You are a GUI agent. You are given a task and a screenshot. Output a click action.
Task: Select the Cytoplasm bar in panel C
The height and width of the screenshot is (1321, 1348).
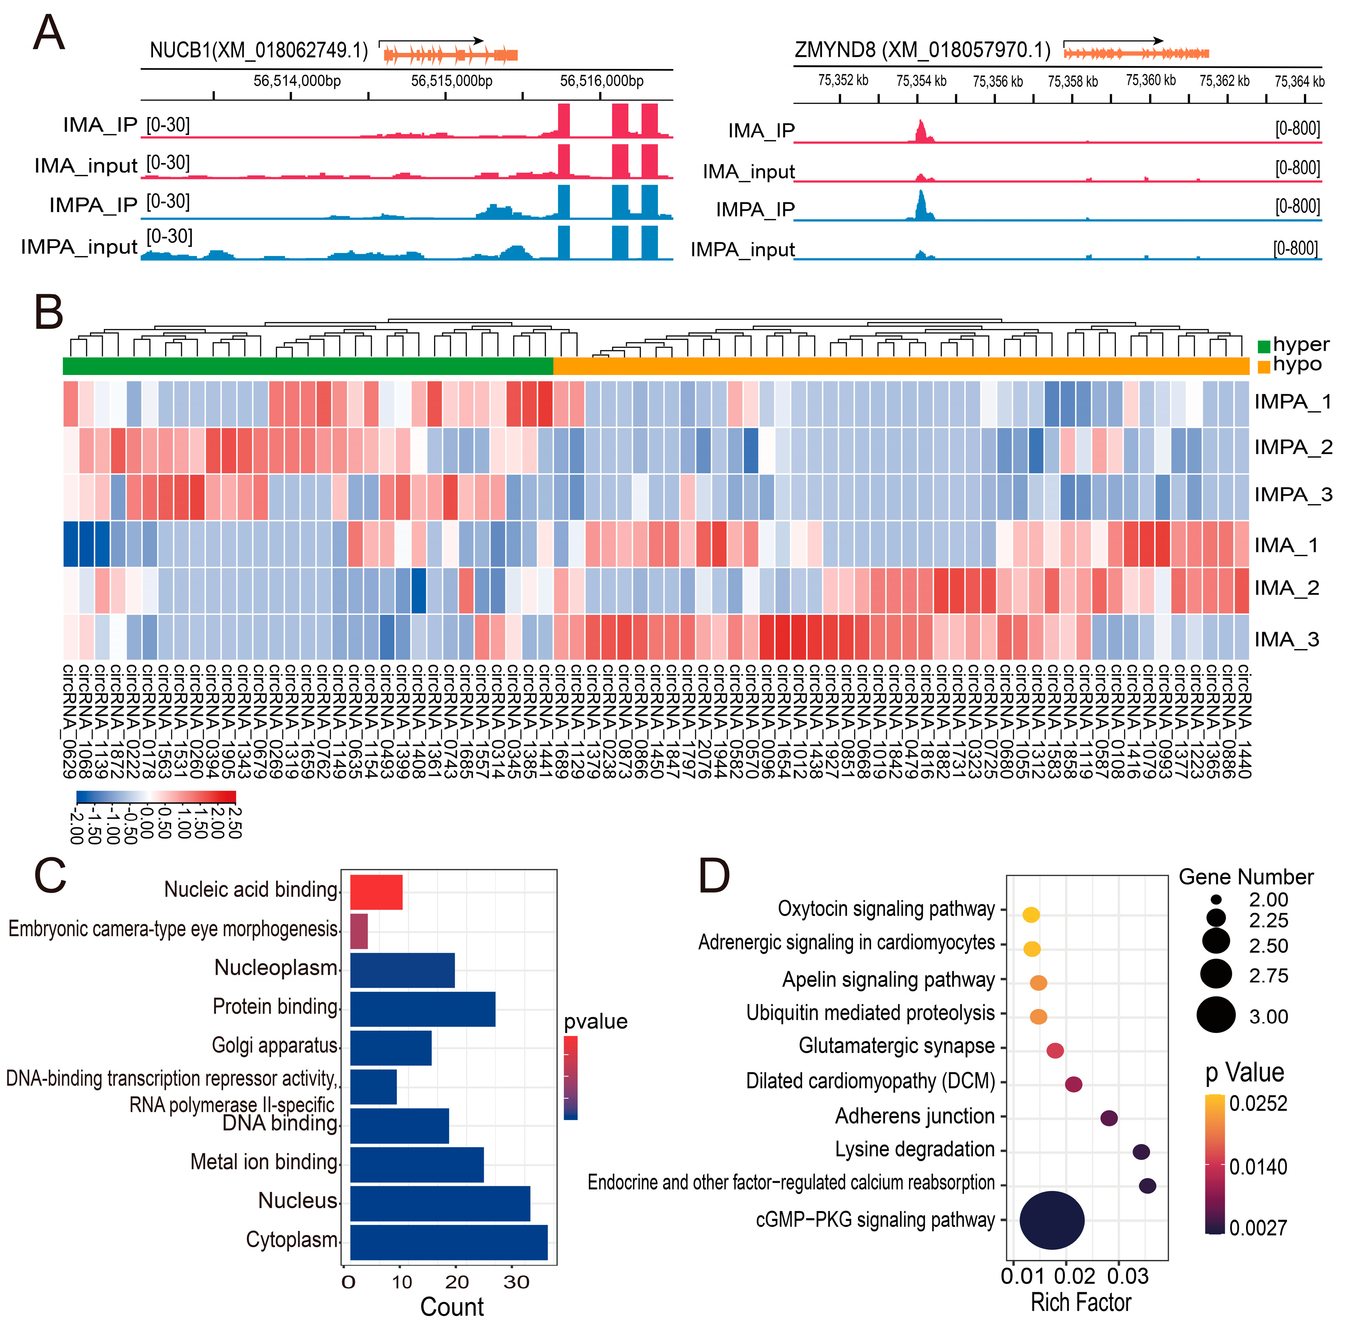pyautogui.click(x=448, y=1242)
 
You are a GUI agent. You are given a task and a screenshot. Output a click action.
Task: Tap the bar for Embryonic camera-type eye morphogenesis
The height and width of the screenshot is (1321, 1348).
pyautogui.click(x=359, y=931)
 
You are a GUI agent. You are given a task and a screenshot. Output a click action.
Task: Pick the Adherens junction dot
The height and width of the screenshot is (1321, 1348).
pyautogui.click(x=1109, y=1118)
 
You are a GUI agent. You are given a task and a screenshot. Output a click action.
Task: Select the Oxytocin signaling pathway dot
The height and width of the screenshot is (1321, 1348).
pyautogui.click(x=1031, y=914)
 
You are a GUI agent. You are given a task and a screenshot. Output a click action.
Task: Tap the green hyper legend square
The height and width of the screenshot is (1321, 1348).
pyautogui.click(x=1264, y=346)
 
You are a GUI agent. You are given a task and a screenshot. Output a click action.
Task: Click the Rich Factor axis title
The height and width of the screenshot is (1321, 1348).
pyautogui.click(x=1081, y=1302)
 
